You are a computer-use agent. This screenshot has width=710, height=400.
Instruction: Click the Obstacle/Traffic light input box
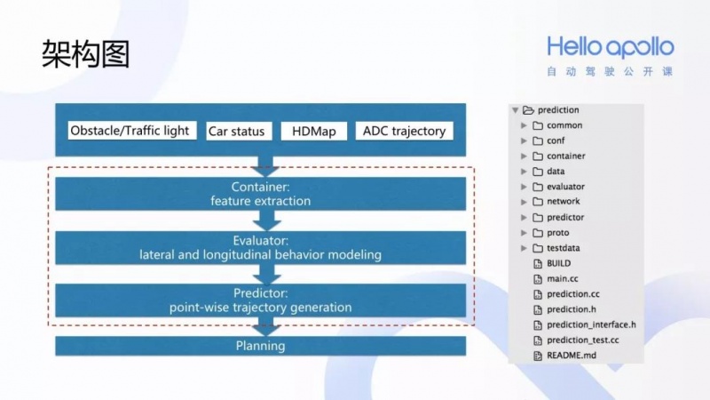click(131, 131)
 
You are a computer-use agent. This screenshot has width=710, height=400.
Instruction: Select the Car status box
click(239, 131)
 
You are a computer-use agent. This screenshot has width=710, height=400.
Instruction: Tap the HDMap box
click(314, 131)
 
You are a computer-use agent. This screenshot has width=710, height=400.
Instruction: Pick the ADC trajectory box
click(404, 131)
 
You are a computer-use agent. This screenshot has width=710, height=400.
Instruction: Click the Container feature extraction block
click(260, 194)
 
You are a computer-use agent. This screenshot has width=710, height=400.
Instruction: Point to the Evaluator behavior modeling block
click(260, 248)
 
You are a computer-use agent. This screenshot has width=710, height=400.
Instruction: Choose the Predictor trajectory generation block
click(260, 300)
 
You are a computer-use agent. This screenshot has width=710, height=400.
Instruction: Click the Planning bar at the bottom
click(260, 346)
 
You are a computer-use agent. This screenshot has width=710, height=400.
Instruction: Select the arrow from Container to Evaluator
click(267, 220)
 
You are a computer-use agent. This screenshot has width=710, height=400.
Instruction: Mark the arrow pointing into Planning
click(266, 326)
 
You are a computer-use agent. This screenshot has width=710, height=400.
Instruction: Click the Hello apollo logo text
click(611, 47)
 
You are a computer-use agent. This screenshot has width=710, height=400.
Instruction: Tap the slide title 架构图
click(85, 54)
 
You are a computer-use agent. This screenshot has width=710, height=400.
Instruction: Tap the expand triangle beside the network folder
click(524, 202)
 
